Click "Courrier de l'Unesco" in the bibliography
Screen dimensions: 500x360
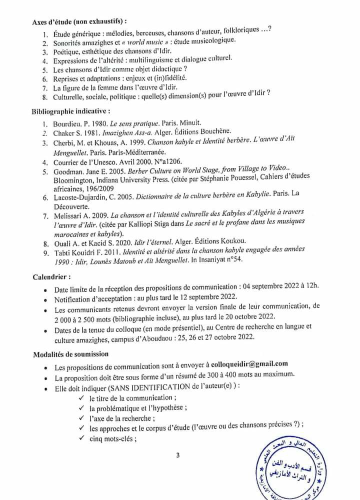[x=93, y=162]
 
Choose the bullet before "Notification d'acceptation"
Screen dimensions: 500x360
[x=45, y=299]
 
